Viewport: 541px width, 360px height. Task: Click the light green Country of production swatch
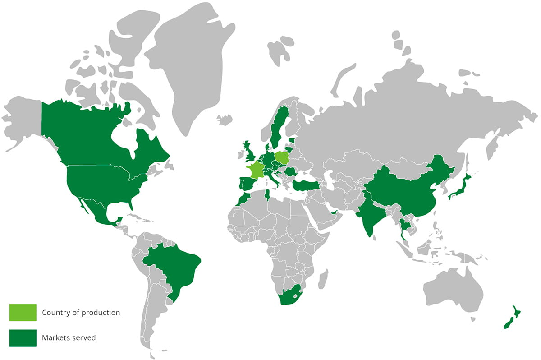pos(23,313)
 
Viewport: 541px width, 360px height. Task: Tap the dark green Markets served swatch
pos(23,338)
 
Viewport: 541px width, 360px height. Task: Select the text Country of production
pos(81,313)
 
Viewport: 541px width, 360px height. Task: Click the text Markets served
pos(69,338)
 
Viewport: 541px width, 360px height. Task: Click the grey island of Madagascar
pos(323,280)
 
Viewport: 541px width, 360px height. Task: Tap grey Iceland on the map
pos(224,120)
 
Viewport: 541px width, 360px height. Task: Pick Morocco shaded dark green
pos(245,198)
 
